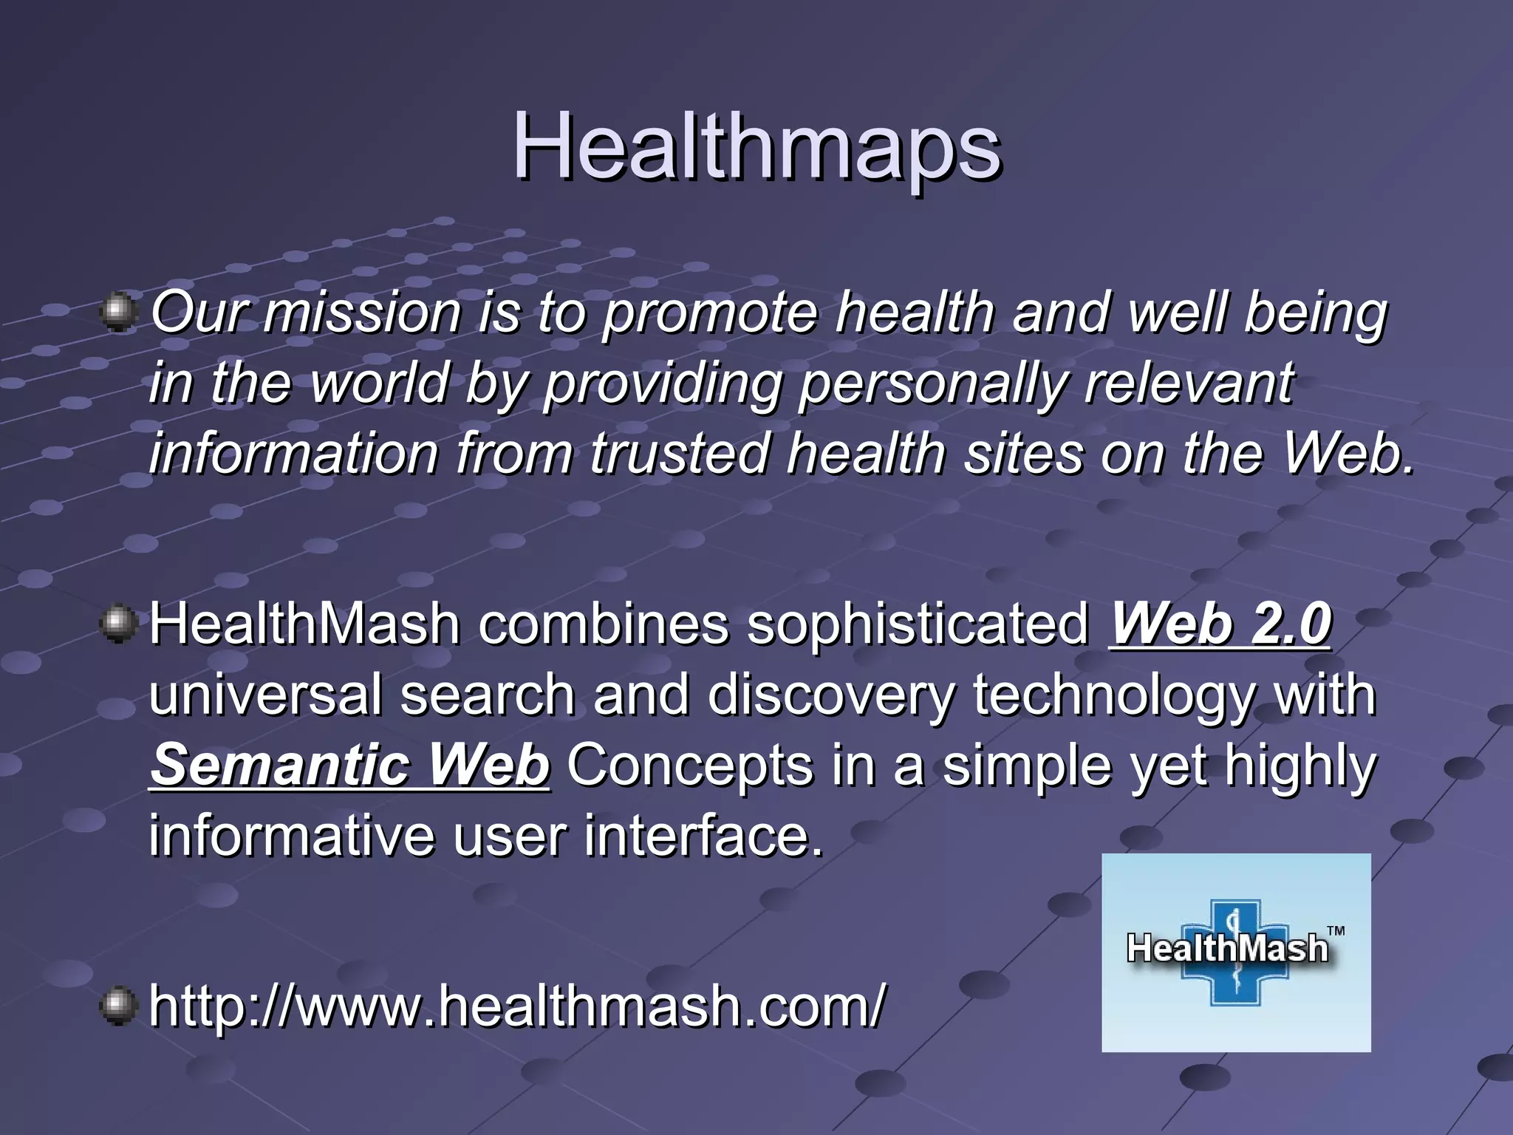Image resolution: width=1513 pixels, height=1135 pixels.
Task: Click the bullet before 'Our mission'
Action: pyautogui.click(x=117, y=311)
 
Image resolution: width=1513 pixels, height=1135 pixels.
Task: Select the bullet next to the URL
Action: pyautogui.click(x=117, y=1006)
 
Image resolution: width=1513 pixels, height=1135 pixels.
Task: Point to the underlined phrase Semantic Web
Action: pyautogui.click(x=349, y=766)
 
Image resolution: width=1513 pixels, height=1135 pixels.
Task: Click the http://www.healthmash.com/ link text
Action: pyautogui.click(x=516, y=1006)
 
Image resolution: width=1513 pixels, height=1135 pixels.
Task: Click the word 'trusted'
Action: pyautogui.click(x=679, y=454)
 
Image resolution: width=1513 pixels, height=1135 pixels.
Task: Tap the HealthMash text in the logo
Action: pyautogui.click(x=1227, y=948)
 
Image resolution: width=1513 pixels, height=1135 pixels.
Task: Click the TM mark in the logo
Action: pyautogui.click(x=1336, y=931)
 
